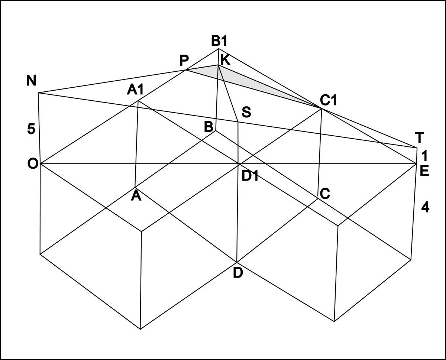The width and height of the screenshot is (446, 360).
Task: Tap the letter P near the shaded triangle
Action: (x=184, y=60)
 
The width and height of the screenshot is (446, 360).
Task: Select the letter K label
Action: (x=225, y=59)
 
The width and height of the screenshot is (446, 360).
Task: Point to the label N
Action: (x=31, y=81)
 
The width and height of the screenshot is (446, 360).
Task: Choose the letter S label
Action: (x=246, y=112)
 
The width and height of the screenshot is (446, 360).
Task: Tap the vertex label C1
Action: (x=328, y=101)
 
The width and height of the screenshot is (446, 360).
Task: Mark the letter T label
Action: (x=419, y=138)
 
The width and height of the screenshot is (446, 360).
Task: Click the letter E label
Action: (x=424, y=171)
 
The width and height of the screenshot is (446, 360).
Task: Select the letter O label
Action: (x=32, y=164)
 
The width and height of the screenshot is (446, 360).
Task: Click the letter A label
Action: (x=136, y=196)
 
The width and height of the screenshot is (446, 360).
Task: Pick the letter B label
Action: (x=209, y=127)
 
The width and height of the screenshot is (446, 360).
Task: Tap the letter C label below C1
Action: (x=324, y=194)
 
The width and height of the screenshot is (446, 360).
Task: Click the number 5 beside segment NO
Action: (x=31, y=129)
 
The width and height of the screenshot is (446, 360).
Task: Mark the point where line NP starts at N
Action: (x=39, y=93)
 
